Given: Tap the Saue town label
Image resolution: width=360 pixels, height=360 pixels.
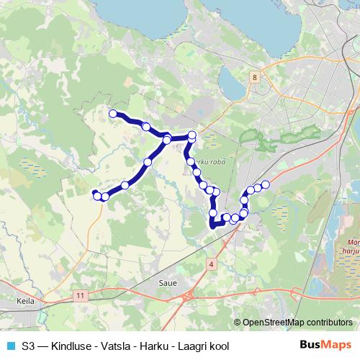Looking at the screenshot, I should coord(167,283).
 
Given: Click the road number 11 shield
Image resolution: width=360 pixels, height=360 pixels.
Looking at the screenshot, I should coord(79,295).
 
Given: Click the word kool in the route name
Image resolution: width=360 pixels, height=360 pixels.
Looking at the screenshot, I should coord(217,346).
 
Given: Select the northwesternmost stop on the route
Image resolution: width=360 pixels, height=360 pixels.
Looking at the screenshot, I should coord(112,113).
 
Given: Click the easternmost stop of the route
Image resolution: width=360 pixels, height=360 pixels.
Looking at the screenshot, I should coord(265,184).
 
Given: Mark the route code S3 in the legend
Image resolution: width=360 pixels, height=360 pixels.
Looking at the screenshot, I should coord(28,346).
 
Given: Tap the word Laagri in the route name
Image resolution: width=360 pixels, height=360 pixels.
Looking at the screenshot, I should coord(191,346).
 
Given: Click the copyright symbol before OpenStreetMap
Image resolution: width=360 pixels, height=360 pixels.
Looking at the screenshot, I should coord(238,323).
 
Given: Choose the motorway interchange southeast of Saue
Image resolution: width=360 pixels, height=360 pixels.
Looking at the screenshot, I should coord(189,294).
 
